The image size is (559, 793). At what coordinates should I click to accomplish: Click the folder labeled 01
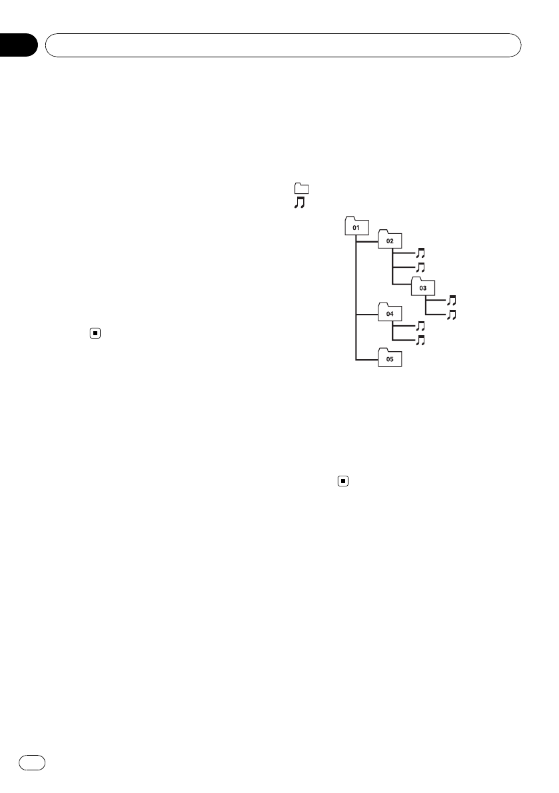[x=356, y=227]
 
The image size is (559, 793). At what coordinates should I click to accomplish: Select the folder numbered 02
[x=390, y=241]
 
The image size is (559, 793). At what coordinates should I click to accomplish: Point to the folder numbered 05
[x=390, y=358]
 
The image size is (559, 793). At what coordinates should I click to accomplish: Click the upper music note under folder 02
[x=420, y=253]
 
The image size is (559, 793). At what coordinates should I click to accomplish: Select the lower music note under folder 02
[x=420, y=267]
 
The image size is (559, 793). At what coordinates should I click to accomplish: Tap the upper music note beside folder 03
[x=452, y=301]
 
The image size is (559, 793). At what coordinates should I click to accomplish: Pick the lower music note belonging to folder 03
[x=452, y=314]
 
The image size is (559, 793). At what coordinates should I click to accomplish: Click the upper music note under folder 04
[x=420, y=327]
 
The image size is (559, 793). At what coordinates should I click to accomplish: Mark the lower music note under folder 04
[x=420, y=341]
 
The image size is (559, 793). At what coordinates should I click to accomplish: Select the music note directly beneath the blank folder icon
[x=299, y=202]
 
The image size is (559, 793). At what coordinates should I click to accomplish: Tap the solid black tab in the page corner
[x=18, y=45]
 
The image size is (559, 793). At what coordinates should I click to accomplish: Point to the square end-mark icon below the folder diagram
[x=342, y=480]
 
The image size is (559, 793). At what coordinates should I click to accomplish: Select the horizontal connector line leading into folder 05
[x=366, y=361]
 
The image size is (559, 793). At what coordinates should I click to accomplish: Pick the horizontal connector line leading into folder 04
[x=366, y=313]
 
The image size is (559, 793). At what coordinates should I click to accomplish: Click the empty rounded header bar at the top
[x=282, y=46]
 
